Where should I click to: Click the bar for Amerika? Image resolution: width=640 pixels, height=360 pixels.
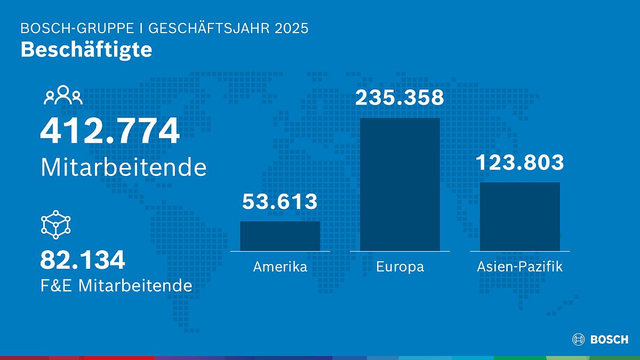280,236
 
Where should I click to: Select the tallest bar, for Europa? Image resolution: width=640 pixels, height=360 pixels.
400,184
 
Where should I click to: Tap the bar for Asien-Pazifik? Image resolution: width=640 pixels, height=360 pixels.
520,216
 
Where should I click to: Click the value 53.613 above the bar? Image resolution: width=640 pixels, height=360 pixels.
280,202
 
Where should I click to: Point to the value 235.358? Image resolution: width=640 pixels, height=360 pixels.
400,98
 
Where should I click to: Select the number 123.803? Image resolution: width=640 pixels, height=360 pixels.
519,162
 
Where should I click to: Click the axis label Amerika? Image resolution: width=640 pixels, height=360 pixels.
280,267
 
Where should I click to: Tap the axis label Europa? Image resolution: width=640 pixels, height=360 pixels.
400,267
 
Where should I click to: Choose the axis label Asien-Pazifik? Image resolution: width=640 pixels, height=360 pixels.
520,267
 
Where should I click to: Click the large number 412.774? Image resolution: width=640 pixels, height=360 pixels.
110,132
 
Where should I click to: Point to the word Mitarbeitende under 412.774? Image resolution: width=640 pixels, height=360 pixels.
123,167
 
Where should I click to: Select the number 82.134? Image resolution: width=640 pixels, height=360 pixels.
83,260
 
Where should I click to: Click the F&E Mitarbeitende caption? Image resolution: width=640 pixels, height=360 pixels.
116,285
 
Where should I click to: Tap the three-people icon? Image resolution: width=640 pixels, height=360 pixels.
63,95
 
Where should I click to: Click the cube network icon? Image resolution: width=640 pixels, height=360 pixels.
56,225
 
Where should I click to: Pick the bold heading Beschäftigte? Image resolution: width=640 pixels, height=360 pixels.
86,50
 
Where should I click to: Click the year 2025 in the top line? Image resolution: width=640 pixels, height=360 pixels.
292,28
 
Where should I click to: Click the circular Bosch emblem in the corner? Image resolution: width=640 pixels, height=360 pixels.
578,339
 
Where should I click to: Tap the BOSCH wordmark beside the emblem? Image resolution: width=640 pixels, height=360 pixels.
609,340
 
